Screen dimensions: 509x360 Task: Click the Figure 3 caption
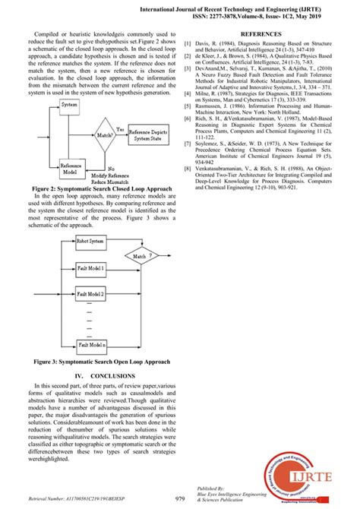click(x=105, y=361)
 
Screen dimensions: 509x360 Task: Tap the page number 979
click(x=180, y=498)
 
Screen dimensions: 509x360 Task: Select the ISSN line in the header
click(x=268, y=14)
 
